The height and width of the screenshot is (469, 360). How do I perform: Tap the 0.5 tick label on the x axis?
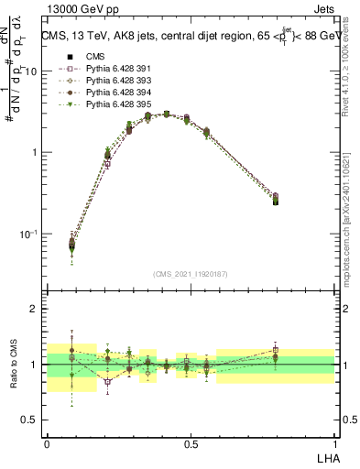191,444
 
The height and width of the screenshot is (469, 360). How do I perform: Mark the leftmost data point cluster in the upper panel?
72,244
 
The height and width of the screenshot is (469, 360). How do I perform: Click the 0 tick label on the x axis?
47,444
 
